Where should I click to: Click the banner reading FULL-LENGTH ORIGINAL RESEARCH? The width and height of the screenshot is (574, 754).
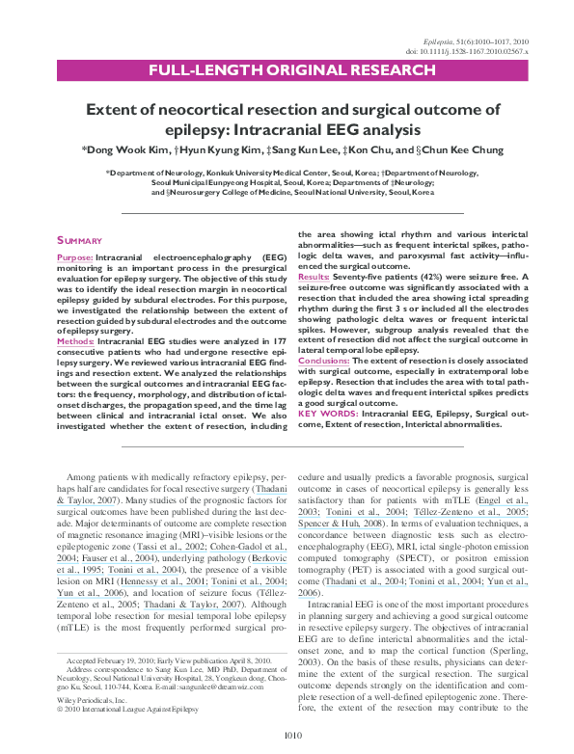pos(287,70)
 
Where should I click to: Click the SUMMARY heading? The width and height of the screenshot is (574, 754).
pos(75,239)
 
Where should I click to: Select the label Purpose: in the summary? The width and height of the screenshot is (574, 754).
pos(74,260)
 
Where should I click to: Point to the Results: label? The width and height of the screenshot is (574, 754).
pos(314,277)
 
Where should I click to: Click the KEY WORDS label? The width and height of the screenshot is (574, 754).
pos(328,412)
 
